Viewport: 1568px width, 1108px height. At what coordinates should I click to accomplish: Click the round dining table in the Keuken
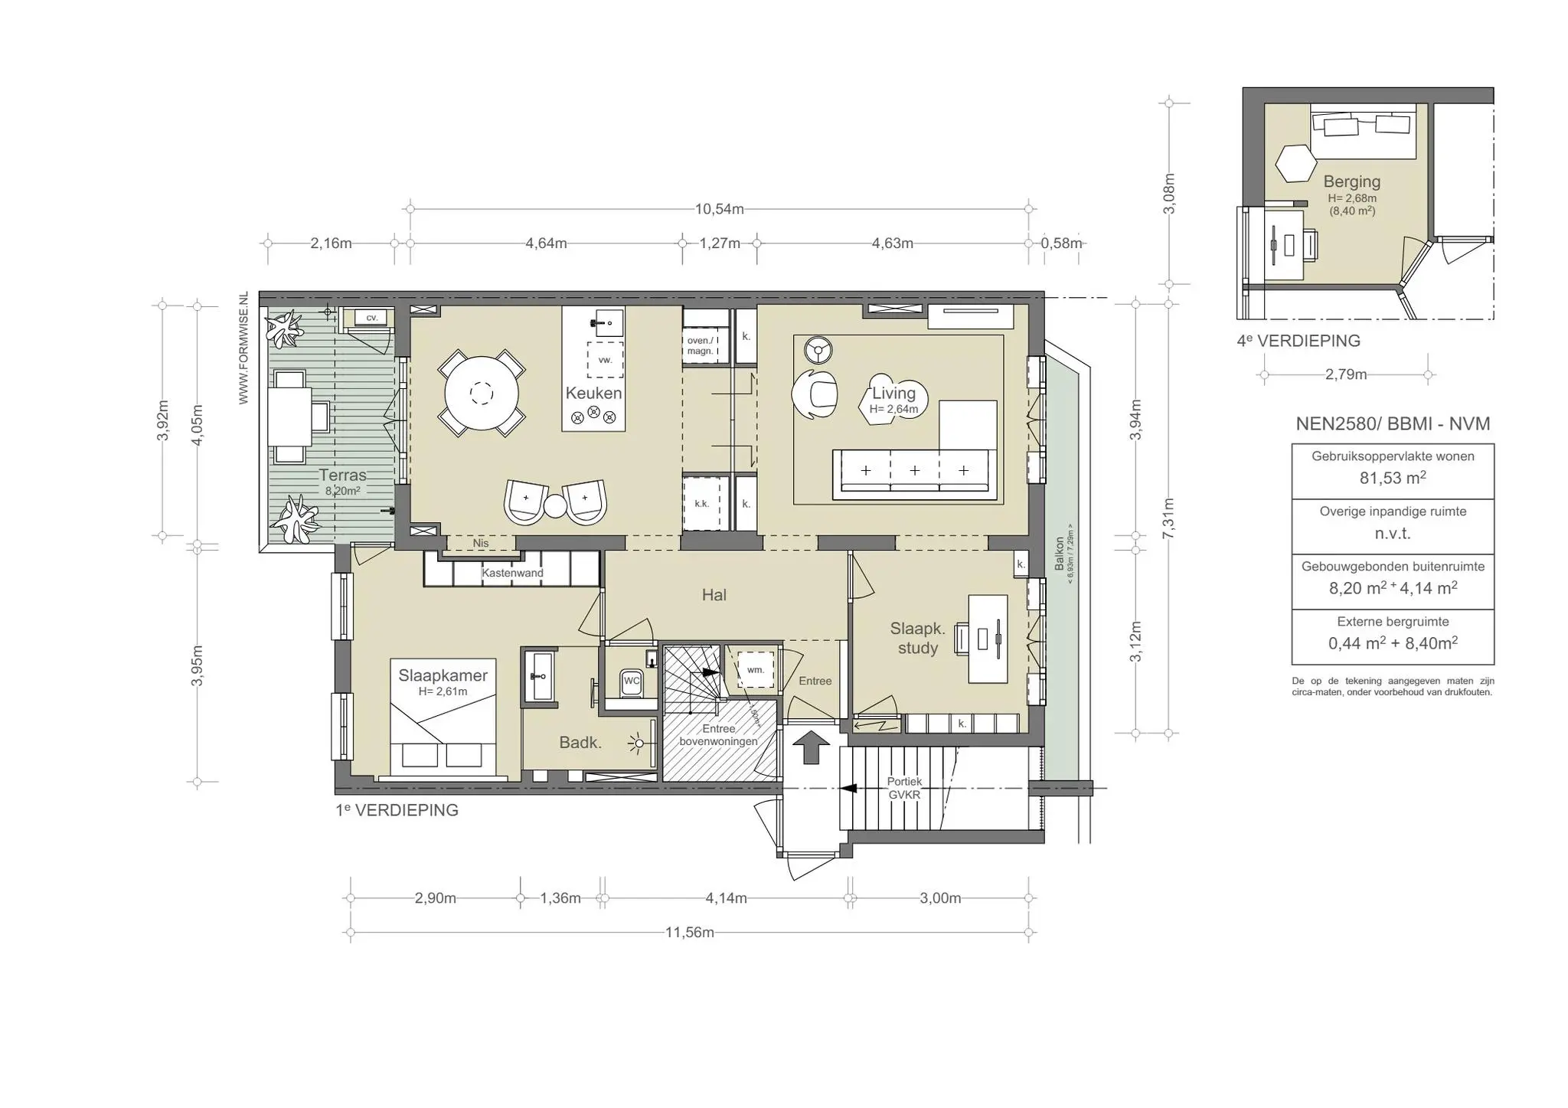click(x=482, y=394)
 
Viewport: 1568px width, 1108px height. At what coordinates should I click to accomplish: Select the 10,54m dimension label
click(x=719, y=209)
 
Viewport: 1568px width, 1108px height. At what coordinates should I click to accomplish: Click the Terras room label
click(x=342, y=476)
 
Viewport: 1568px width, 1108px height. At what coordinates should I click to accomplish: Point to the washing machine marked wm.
click(x=756, y=670)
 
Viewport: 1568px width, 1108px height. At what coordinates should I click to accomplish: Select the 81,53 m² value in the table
click(x=1392, y=478)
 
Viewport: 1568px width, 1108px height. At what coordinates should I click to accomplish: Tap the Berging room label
click(x=1351, y=182)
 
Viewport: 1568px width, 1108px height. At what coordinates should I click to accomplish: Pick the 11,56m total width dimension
click(x=689, y=933)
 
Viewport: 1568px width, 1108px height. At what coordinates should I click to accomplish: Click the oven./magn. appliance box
click(x=700, y=345)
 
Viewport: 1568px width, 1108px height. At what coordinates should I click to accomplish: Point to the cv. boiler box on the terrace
click(x=371, y=317)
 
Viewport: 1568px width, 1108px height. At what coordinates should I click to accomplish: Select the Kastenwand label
click(x=512, y=573)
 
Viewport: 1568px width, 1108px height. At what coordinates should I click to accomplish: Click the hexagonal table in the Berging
click(x=1295, y=163)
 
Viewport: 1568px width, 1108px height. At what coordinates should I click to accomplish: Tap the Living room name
click(x=893, y=394)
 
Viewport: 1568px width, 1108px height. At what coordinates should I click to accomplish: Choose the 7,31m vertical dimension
click(x=1168, y=518)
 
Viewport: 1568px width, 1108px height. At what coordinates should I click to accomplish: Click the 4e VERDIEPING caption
click(x=1298, y=342)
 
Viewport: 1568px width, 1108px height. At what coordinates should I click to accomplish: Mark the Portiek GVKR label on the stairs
click(x=904, y=788)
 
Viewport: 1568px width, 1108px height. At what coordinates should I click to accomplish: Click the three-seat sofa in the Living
click(x=914, y=470)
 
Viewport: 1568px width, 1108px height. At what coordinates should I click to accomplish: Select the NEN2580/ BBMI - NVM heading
click(x=1392, y=424)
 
